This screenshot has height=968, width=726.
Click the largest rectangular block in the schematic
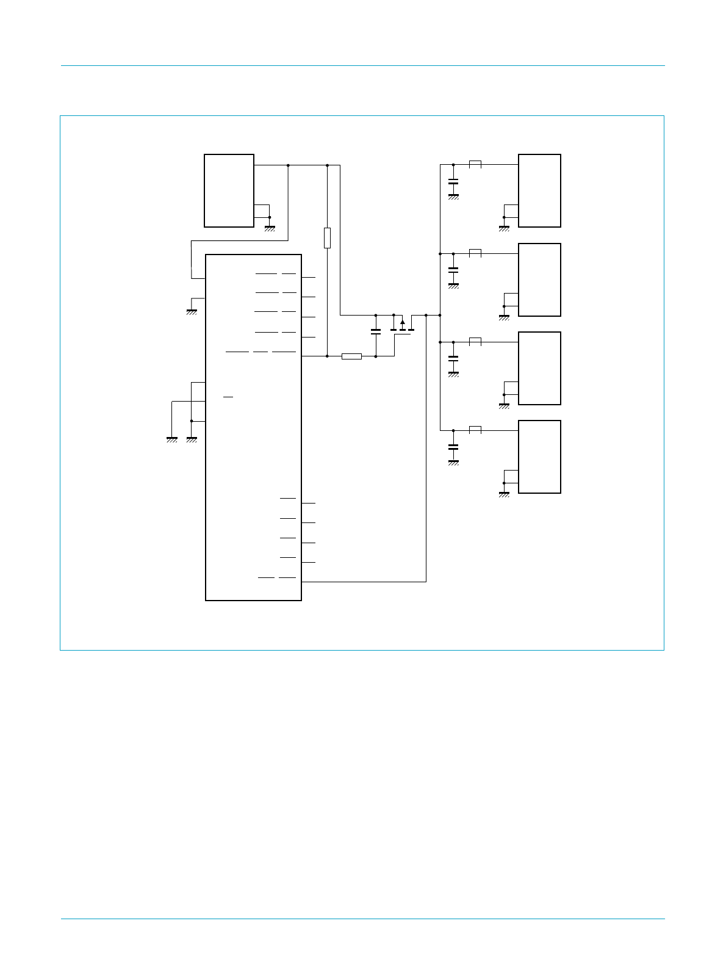click(253, 427)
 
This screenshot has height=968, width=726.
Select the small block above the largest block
click(229, 190)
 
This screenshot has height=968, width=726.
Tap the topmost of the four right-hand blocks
click(539, 190)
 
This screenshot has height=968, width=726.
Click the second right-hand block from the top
click(539, 280)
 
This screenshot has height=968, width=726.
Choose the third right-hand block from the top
click(539, 368)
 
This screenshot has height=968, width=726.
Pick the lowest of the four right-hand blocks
click(539, 457)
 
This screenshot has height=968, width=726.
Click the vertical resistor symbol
click(328, 237)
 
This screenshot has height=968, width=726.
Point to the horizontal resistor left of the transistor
click(351, 356)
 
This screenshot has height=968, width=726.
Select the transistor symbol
click(403, 327)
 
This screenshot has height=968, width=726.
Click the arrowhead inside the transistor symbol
click(403, 322)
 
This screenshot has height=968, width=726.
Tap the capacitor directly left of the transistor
click(376, 331)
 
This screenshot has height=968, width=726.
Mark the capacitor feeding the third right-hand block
click(453, 358)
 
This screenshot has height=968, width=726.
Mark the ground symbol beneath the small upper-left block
click(270, 228)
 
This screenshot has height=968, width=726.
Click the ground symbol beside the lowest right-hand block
click(504, 494)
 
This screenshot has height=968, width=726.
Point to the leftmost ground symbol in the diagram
click(172, 439)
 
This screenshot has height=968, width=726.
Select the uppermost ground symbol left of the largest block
click(192, 311)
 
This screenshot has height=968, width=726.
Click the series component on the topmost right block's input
click(475, 164)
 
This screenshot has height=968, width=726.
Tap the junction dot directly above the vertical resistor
click(328, 165)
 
